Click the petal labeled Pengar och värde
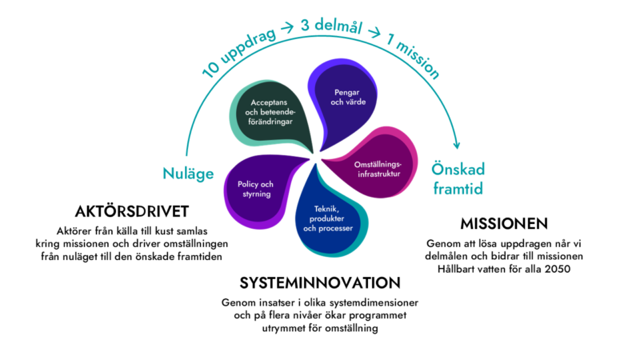click(x=342, y=97)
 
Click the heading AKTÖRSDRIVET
click(x=131, y=211)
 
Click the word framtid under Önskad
click(x=459, y=190)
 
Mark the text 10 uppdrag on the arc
click(x=238, y=52)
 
